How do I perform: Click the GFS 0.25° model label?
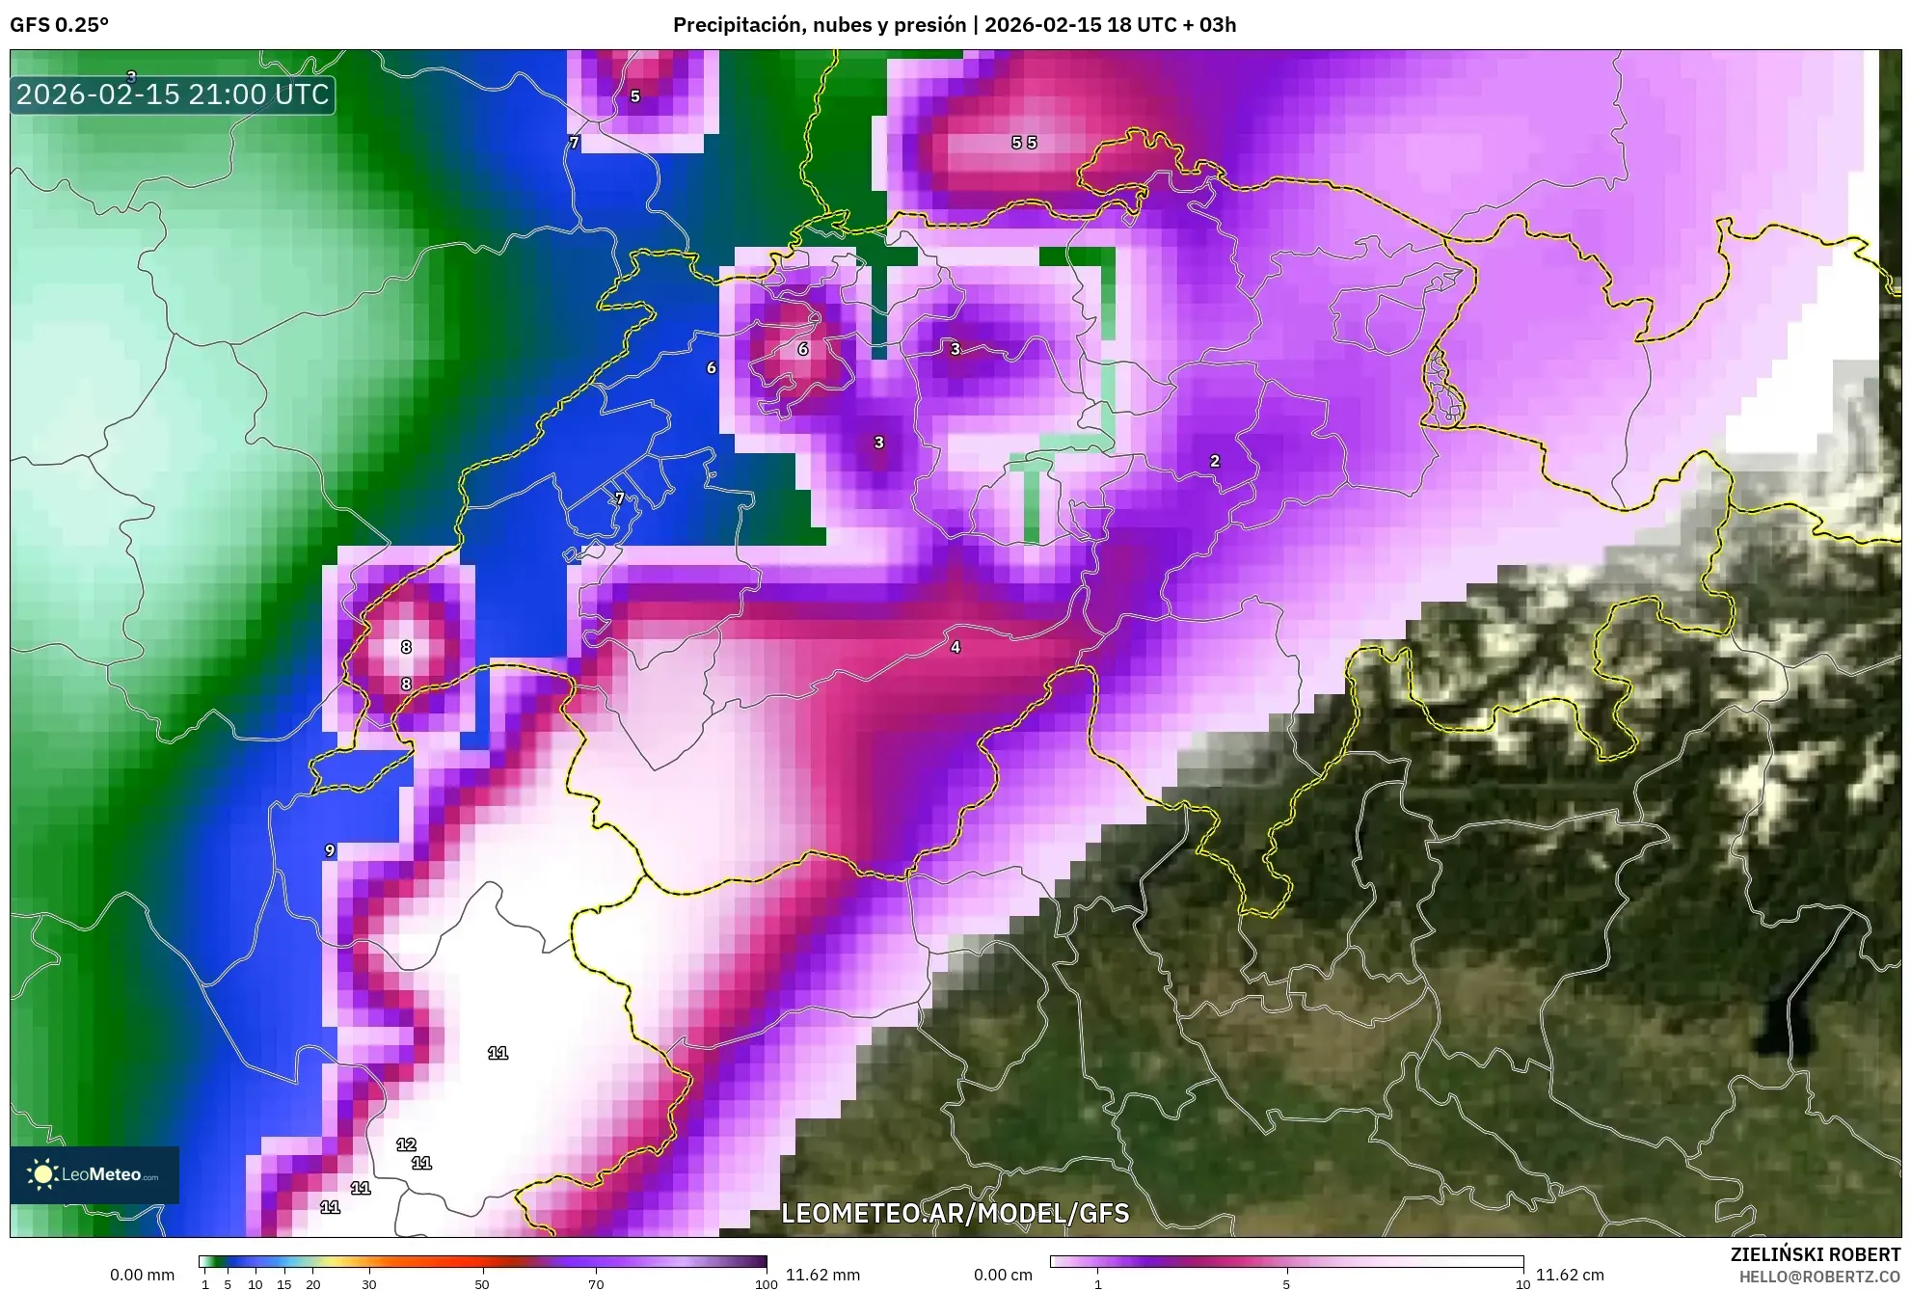click(x=59, y=25)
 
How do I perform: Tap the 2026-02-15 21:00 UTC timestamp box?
click(x=173, y=94)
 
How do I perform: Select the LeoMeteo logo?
click(x=94, y=1174)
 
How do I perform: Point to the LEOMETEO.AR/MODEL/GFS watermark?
click(x=955, y=1213)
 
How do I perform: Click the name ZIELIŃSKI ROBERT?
click(x=1815, y=1254)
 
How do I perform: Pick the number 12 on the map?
click(x=406, y=1144)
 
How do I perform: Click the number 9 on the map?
click(x=330, y=850)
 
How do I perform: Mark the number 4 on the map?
click(x=955, y=647)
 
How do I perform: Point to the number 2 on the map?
click(x=1215, y=461)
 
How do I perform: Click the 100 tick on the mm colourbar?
click(x=766, y=1283)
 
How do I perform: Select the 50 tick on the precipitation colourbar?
click(x=482, y=1283)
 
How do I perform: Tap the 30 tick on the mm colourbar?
click(x=369, y=1283)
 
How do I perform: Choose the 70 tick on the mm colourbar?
click(x=596, y=1283)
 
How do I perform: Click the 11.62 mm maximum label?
click(x=822, y=1275)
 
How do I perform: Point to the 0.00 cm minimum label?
click(x=1003, y=1275)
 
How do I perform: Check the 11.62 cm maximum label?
click(x=1570, y=1275)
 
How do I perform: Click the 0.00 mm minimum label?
click(x=142, y=1275)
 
